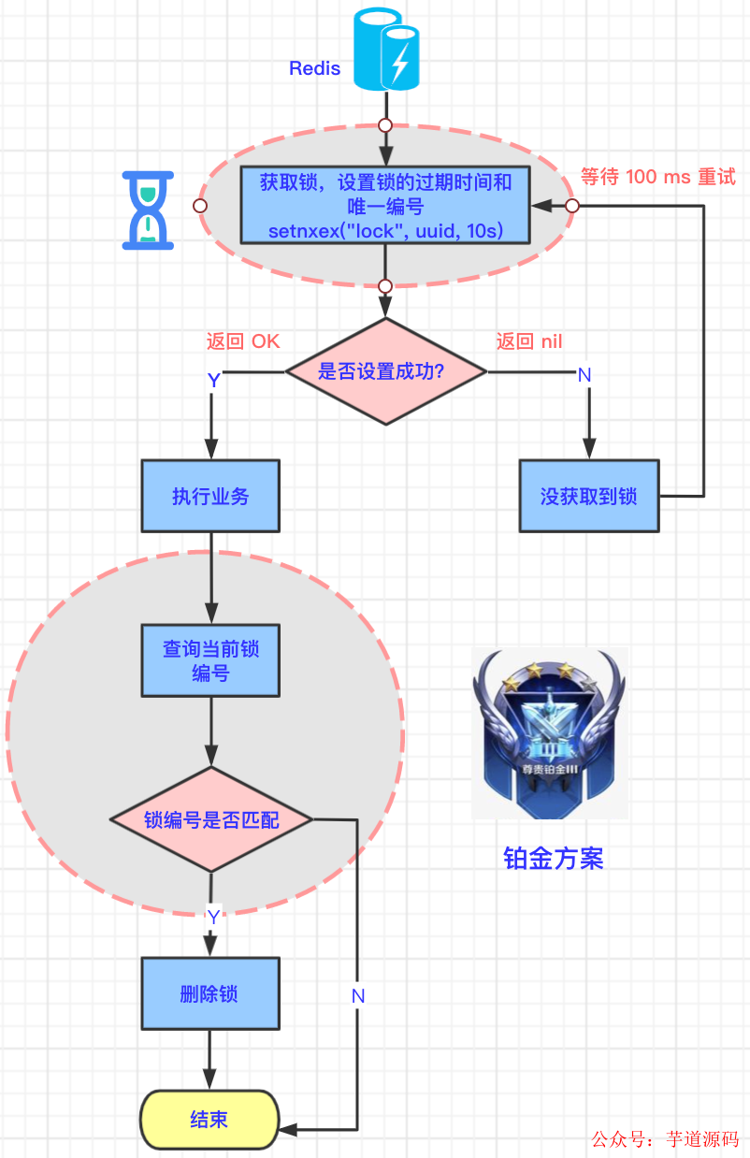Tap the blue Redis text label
coord(314,68)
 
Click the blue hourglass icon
coord(149,210)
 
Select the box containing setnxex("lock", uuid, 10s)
coord(385,205)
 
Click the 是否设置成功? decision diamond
coord(385,371)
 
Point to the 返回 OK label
coord(243,341)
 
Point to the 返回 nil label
coord(529,341)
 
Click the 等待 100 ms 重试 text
coord(658,177)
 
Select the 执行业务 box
coord(210,496)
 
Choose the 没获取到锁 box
coord(589,496)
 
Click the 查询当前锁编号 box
coord(210,660)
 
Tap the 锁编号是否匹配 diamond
coord(210,820)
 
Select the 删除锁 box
coord(210,993)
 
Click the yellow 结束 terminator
coord(209,1120)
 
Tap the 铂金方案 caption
coord(554,859)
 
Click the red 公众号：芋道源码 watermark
coord(665,1139)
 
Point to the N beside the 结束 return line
coord(358,996)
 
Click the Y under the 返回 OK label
coord(213,380)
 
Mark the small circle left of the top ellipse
coord(199,206)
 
